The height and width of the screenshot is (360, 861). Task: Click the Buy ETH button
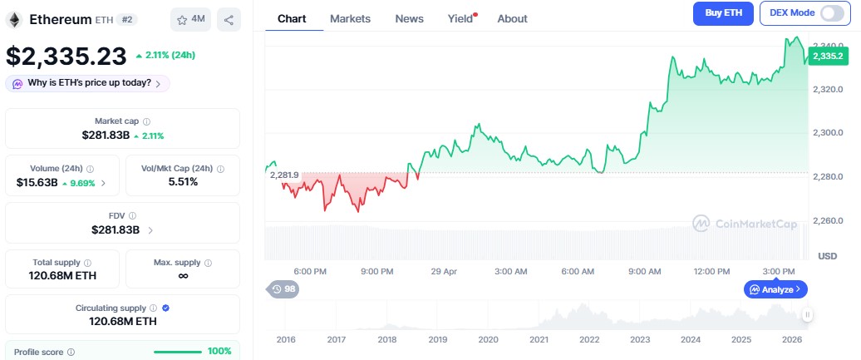point(723,13)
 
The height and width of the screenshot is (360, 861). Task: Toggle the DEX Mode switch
point(831,13)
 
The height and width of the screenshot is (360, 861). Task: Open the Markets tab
point(350,18)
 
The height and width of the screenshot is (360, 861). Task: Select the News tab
point(409,18)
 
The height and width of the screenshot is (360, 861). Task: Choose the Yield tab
point(460,18)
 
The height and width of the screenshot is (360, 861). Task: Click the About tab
point(512,18)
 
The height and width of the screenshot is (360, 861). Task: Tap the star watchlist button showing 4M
point(190,19)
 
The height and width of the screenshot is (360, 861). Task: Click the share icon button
point(229,19)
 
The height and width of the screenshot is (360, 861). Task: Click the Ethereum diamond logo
point(14,19)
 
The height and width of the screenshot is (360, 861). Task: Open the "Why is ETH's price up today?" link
point(87,83)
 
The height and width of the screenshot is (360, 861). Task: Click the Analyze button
point(775,289)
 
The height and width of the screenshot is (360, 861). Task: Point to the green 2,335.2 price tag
point(828,56)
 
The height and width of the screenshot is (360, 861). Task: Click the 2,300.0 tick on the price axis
point(828,132)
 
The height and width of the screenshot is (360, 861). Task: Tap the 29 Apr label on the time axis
point(444,271)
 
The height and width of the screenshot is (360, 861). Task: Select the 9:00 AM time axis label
point(644,271)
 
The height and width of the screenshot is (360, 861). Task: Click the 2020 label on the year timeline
point(488,339)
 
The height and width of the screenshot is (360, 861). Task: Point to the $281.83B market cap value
point(106,135)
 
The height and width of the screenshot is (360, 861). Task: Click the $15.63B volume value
point(37,182)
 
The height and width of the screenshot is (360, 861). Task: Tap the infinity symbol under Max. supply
point(183,276)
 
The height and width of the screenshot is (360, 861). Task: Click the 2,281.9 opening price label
point(283,175)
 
